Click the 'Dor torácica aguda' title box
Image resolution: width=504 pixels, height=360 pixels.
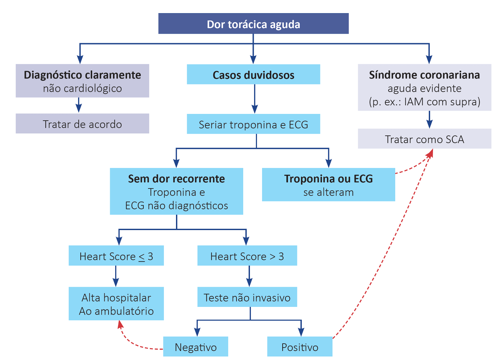click(253, 24)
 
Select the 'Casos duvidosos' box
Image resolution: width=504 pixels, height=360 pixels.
click(253, 75)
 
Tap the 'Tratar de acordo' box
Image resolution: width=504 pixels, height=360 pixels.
click(82, 124)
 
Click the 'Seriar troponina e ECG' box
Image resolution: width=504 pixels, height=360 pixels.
click(253, 124)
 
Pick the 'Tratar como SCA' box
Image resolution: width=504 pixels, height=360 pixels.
click(424, 139)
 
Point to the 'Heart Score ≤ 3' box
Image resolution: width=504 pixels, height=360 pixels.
click(116, 256)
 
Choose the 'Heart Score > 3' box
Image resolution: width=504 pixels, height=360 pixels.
click(247, 256)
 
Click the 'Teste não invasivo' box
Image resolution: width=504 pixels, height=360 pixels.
click(247, 297)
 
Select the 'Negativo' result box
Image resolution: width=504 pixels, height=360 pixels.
click(196, 347)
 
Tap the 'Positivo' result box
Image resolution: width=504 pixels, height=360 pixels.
click(300, 347)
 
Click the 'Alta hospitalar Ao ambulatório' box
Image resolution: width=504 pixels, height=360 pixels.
click(116, 304)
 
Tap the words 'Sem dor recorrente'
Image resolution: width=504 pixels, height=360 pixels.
click(176, 179)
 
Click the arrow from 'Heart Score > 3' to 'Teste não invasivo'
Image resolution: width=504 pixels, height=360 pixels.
click(249, 276)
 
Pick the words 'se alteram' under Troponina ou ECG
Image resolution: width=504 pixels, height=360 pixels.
click(328, 192)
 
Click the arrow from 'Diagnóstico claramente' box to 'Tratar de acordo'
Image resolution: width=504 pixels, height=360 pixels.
click(79, 105)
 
